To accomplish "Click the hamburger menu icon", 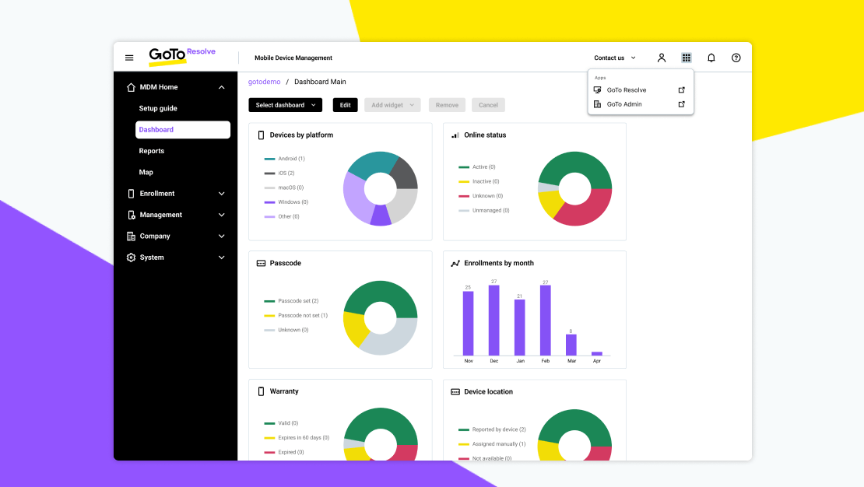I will tap(129, 58).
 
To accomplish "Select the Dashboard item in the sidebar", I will tap(182, 130).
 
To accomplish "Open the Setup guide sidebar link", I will tap(158, 109).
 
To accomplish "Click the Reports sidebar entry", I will tap(152, 151).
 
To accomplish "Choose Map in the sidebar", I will tap(146, 172).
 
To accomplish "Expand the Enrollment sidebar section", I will tap(176, 194).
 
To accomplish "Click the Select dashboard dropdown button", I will tap(285, 105).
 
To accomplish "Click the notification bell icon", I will tap(711, 58).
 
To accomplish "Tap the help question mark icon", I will tap(736, 58).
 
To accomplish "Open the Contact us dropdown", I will tap(614, 58).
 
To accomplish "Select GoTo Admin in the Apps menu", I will tap(624, 104).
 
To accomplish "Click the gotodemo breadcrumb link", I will tap(263, 82).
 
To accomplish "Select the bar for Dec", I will tap(493, 321).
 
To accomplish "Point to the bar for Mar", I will tap(571, 345).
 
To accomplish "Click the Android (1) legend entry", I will tap(290, 159).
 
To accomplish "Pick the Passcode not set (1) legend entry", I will tap(302, 315).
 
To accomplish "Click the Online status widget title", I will tap(485, 135).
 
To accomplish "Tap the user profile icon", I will tap(662, 58).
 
